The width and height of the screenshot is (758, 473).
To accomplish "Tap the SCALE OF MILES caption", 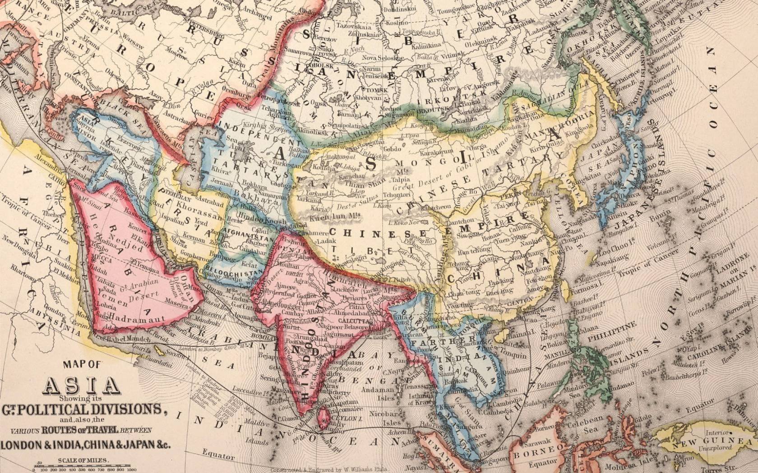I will (x=83, y=460).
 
